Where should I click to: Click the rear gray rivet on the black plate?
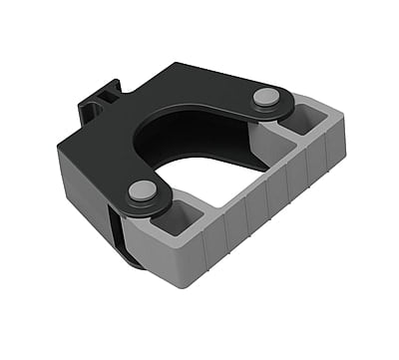pos(265,96)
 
